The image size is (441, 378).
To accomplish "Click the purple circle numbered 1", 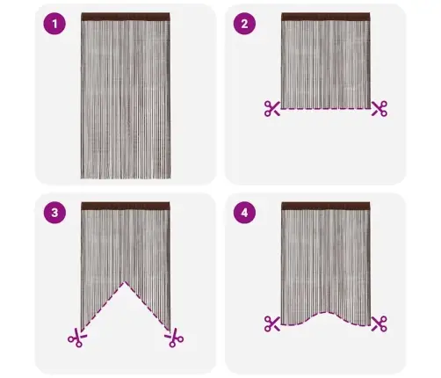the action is pyautogui.click(x=54, y=24).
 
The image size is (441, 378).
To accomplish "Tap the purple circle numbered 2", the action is pyautogui.click(x=244, y=24).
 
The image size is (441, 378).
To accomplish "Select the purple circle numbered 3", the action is pyautogui.click(x=54, y=213).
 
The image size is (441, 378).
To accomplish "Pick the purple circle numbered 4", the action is pyautogui.click(x=244, y=213).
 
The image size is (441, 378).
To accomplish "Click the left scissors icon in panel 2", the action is pyautogui.click(x=272, y=109).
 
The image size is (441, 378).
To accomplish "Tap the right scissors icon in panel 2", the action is pyautogui.click(x=380, y=109).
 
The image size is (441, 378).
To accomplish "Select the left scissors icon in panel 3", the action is pyautogui.click(x=77, y=338).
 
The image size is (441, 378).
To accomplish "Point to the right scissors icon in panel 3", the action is pyautogui.click(x=174, y=338).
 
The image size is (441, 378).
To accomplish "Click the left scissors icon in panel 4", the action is pyautogui.click(x=272, y=323).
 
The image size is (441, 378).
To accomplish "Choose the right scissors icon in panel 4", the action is pyautogui.click(x=380, y=323).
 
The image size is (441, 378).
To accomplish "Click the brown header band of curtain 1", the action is pyautogui.click(x=126, y=17).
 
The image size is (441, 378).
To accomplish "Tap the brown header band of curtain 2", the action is pyautogui.click(x=326, y=17).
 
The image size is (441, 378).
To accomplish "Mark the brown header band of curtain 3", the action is pyautogui.click(x=126, y=206).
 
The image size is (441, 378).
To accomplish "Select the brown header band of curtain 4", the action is pyautogui.click(x=326, y=206).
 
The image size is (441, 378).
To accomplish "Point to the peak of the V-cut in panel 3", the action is pyautogui.click(x=126, y=282).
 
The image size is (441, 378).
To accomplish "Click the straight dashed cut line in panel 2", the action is pyautogui.click(x=326, y=109).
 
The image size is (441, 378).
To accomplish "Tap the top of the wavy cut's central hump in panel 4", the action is pyautogui.click(x=326, y=312).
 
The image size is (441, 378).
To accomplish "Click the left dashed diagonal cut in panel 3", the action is pyautogui.click(x=103, y=306).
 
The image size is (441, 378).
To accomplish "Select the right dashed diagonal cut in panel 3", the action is pyautogui.click(x=148, y=306).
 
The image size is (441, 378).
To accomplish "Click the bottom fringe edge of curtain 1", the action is pyautogui.click(x=126, y=178).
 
